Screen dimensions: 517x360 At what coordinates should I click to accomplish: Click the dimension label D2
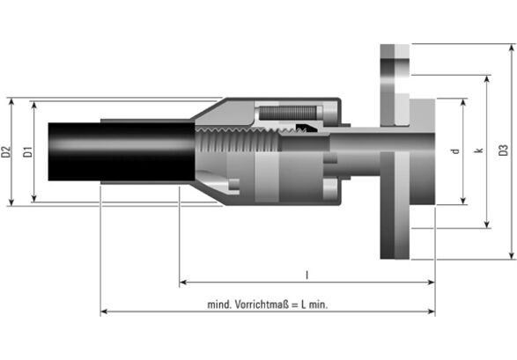tap(6, 151)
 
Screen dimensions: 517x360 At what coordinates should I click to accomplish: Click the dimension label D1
tap(28, 151)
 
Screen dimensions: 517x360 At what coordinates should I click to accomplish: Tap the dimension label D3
tap(504, 151)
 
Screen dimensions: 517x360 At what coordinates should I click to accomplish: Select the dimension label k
tap(479, 151)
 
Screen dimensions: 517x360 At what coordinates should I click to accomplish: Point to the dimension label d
tap(455, 151)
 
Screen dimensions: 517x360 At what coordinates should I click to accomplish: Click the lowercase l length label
tap(307, 275)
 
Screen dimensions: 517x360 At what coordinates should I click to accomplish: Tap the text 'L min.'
tap(314, 305)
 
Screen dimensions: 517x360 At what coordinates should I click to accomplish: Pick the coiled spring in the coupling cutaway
tap(287, 113)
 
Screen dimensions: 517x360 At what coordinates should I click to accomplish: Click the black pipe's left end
tap(48, 151)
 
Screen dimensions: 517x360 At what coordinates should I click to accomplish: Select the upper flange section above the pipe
tap(395, 85)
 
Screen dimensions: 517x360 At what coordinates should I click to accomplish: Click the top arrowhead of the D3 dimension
tap(512, 48)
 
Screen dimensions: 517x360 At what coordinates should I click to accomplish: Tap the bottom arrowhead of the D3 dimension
tap(512, 255)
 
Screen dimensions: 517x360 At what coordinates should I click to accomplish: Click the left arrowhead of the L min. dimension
tap(104, 312)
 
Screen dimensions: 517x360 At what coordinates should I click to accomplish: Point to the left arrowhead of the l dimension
tap(183, 282)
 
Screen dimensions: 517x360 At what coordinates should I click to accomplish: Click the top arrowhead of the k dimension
tap(487, 79)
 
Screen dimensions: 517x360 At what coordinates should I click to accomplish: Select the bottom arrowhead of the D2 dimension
tap(11, 202)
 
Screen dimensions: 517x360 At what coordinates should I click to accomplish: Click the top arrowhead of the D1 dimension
tap(34, 105)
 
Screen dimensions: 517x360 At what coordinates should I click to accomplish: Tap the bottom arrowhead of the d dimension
tap(463, 201)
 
